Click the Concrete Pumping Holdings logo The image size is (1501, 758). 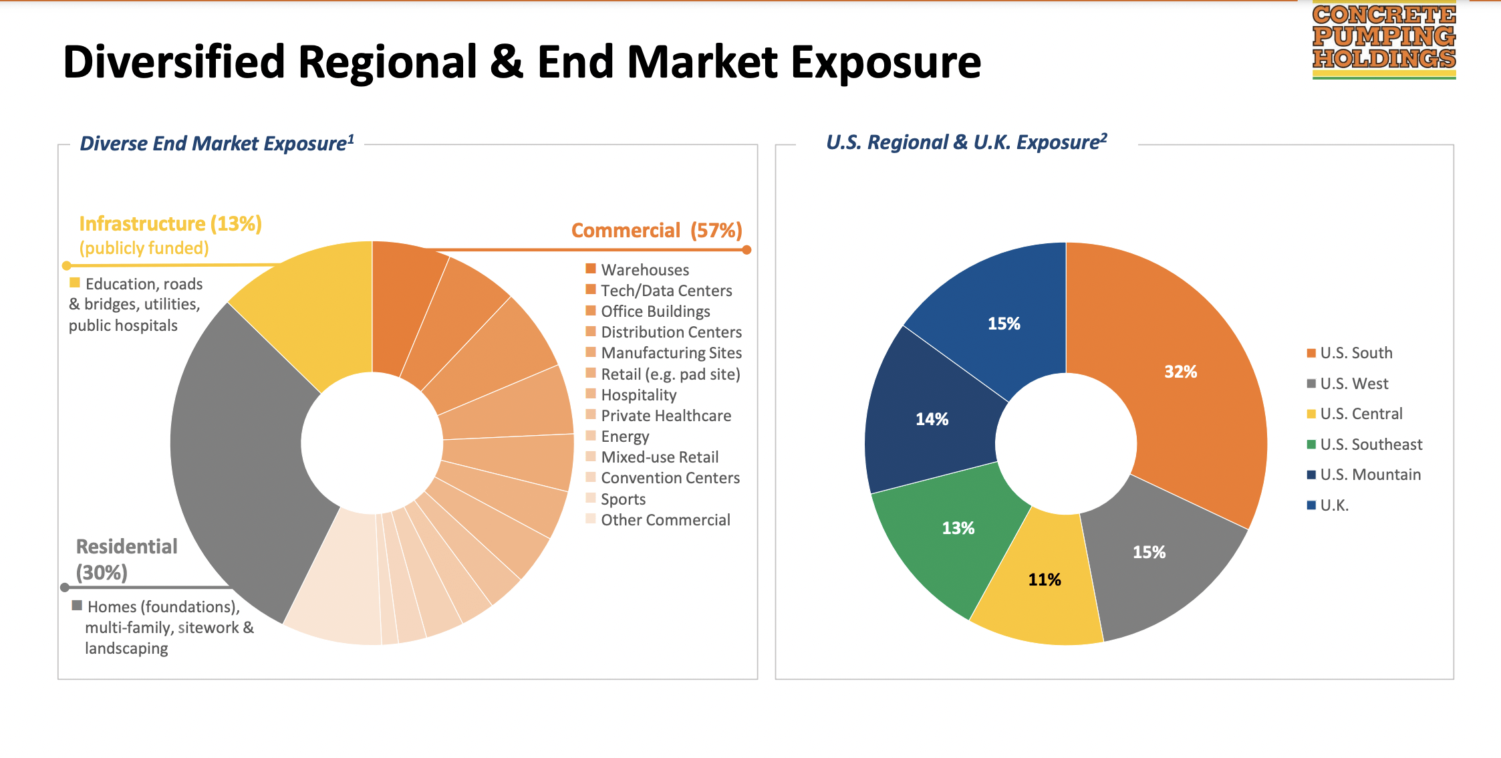click(x=1383, y=40)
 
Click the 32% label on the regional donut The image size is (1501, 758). click(x=1180, y=372)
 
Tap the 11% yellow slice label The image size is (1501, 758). click(x=1044, y=580)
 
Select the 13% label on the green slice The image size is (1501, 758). click(x=958, y=528)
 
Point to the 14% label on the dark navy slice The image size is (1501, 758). click(x=932, y=419)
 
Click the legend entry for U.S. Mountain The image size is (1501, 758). click(x=1369, y=475)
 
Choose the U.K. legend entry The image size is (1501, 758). click(x=1334, y=505)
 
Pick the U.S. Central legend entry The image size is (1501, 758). click(x=1360, y=414)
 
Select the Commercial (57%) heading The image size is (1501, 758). click(x=656, y=231)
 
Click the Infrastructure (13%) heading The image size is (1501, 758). click(x=170, y=223)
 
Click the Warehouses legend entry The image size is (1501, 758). click(x=644, y=270)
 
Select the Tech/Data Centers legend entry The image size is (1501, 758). click(x=666, y=291)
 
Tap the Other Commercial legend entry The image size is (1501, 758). click(x=665, y=520)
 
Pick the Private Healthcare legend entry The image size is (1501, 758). click(x=666, y=416)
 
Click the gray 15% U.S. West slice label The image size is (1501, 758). click(x=1148, y=552)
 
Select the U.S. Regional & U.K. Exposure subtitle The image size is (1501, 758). click(x=966, y=142)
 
